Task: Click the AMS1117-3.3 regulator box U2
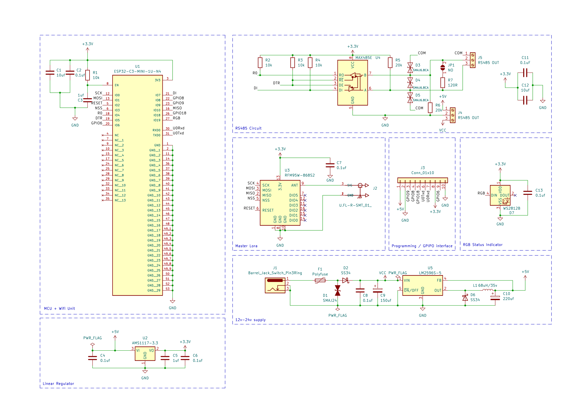(145, 354)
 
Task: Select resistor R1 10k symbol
(87, 75)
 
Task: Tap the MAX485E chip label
(363, 58)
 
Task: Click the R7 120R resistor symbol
(443, 83)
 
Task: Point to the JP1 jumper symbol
(443, 68)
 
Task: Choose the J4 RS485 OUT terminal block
(452, 115)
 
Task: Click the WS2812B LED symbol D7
(500, 195)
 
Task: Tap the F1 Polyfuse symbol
(320, 280)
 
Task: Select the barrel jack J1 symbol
(275, 286)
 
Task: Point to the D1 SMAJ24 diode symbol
(338, 290)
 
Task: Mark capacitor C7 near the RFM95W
(330, 165)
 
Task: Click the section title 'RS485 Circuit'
(248, 128)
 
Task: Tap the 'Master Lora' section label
(246, 246)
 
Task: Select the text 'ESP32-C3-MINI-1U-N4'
(137, 71)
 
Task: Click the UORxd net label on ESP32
(178, 128)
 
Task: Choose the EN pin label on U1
(117, 85)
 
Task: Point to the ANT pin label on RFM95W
(294, 185)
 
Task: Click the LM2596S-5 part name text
(430, 273)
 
